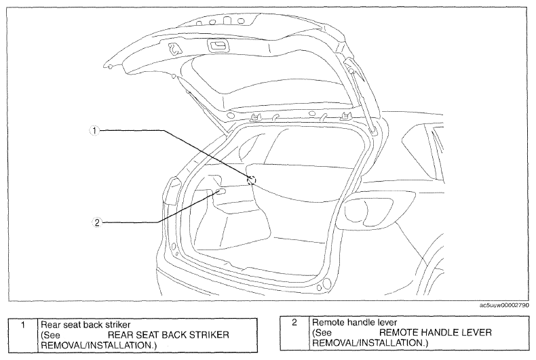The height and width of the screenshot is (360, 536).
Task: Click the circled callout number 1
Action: point(95,130)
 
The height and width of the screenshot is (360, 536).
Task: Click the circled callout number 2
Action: point(97,222)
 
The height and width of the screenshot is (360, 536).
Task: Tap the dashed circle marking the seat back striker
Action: point(251,180)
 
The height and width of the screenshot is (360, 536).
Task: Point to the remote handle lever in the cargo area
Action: point(221,192)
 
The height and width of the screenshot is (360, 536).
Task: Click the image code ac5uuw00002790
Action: point(504,305)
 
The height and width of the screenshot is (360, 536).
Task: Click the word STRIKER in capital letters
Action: point(209,335)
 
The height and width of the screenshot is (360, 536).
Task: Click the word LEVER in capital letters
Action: point(476,332)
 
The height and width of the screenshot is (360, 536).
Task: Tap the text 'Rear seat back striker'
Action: point(85,325)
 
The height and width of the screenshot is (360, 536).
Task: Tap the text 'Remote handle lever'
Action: point(354,322)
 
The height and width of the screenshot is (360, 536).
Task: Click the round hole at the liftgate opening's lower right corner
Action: point(327,283)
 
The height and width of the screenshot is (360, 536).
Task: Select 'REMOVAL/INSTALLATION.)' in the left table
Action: point(98,345)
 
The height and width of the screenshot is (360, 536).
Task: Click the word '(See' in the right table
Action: point(322,332)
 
